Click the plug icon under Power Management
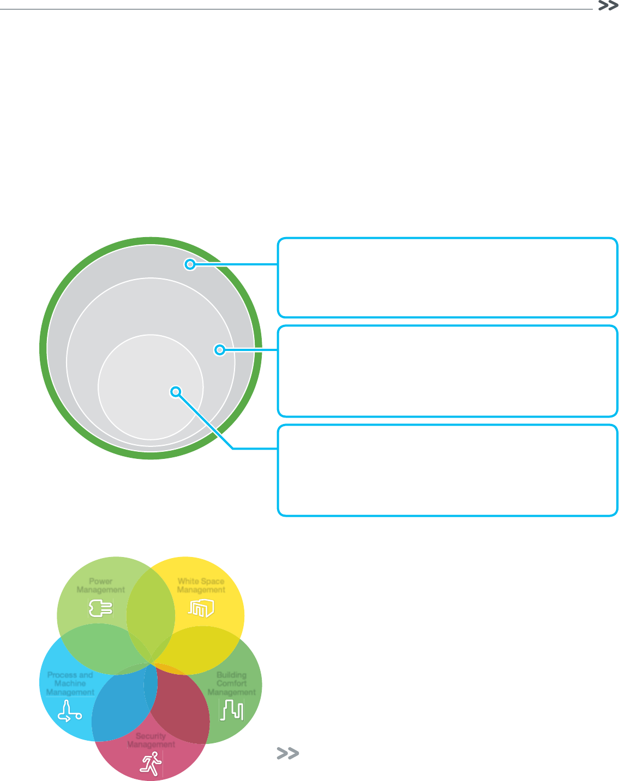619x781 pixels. (100, 608)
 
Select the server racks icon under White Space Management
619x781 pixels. (201, 608)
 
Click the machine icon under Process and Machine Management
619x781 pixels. (69, 710)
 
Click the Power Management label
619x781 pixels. (101, 585)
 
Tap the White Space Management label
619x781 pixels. (201, 585)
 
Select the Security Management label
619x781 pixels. (151, 740)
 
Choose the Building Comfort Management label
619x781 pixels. (232, 683)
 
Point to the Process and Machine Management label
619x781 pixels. (70, 683)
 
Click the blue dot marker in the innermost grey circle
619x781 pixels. (175, 391)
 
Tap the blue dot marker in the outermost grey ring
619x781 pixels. (190, 264)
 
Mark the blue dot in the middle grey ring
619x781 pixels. (219, 349)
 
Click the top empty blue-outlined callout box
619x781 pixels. (447, 277)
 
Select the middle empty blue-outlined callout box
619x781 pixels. (447, 371)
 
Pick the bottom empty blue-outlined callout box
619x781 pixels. (447, 470)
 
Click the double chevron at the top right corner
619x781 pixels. (608, 6)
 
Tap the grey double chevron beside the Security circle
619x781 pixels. (288, 754)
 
